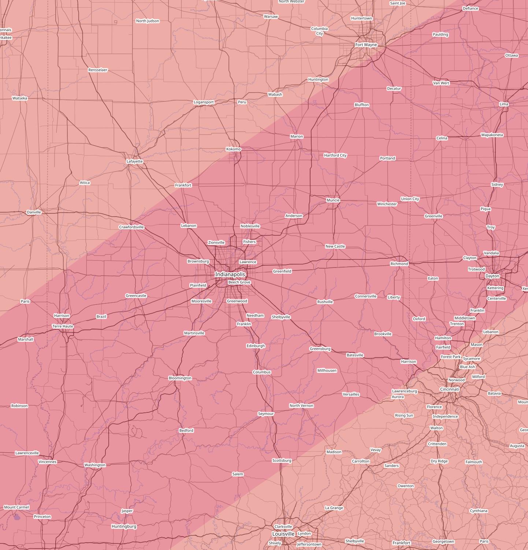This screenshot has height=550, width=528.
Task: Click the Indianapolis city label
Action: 230,274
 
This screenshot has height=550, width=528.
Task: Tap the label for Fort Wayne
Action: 366,45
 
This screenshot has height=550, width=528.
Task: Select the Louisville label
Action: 283,534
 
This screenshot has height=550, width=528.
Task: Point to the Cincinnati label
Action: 449,389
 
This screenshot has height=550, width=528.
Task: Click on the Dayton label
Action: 492,276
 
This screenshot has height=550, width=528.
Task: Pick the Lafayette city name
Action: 134,161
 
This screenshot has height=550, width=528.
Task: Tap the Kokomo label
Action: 233,149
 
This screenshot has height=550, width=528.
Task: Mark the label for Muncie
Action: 333,200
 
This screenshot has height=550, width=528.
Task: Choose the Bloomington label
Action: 180,378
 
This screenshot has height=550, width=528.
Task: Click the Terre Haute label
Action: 63,326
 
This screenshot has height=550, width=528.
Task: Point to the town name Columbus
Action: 262,372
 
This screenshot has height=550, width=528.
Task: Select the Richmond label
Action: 399,264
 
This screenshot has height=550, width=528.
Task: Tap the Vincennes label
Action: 48,462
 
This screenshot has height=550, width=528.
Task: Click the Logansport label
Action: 204,102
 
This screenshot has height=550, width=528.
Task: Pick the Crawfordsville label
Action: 131,227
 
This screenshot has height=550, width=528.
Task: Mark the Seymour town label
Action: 266,414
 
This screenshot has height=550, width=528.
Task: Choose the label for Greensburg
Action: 320,349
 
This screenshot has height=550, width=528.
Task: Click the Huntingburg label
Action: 124,526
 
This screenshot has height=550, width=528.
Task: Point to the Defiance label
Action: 470,8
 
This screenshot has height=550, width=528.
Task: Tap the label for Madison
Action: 334,452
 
